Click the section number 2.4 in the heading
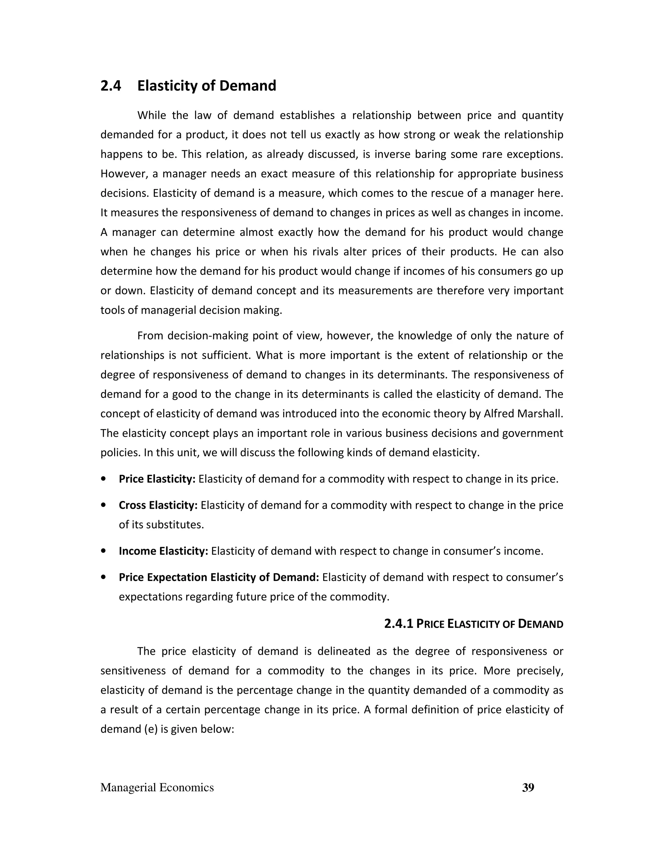111,86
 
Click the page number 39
528,788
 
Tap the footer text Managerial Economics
157,788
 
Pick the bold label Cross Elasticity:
158,505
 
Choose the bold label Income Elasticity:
163,551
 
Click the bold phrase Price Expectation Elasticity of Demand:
219,577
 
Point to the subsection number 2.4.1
398,624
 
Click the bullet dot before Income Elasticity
103,551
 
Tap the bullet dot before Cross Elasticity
103,505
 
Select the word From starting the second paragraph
150,336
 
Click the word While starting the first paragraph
152,116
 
